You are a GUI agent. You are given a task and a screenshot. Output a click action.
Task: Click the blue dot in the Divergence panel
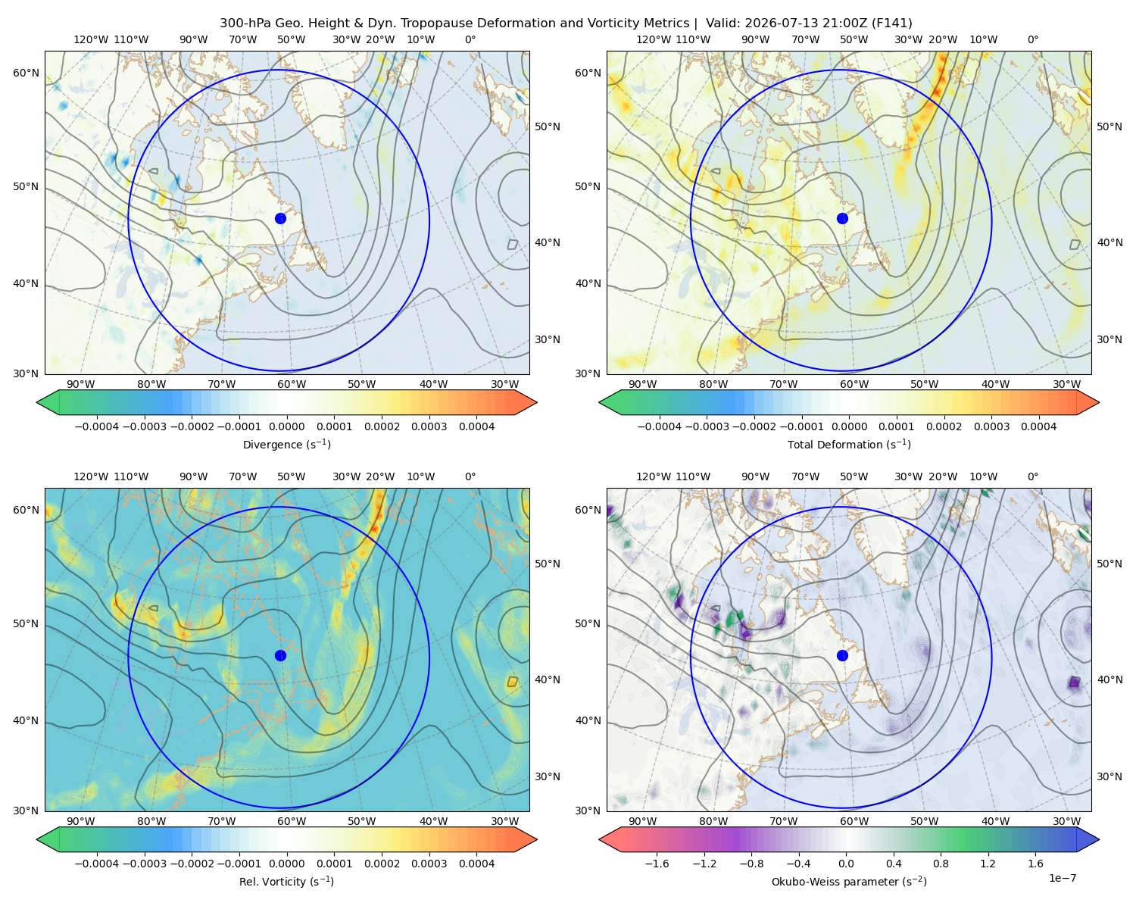click(280, 218)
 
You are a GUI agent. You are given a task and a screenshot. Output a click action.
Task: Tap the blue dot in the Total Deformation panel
click(842, 218)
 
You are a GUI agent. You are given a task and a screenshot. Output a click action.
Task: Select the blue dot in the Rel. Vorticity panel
click(280, 655)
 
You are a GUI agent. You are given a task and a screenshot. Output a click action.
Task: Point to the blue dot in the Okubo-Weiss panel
click(842, 655)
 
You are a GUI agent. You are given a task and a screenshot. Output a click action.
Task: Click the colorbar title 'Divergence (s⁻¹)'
click(286, 444)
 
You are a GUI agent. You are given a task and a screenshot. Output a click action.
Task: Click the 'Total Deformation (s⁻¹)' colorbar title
click(849, 444)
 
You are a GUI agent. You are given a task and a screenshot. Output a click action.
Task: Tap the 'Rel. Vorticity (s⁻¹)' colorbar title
click(286, 881)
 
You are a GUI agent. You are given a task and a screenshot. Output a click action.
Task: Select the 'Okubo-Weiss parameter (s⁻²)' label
click(849, 881)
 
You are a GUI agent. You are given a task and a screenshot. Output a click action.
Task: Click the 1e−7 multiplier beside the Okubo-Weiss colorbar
click(1062, 878)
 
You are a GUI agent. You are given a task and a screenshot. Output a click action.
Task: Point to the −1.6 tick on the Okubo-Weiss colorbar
click(657, 864)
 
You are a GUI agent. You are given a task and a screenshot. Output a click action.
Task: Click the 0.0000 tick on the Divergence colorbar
click(286, 426)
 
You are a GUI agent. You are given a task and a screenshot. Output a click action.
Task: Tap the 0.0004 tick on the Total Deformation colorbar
click(1038, 426)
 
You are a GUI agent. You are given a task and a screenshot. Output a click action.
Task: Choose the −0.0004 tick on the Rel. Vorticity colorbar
click(97, 864)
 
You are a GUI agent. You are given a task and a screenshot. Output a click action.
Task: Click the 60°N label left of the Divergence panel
click(26, 73)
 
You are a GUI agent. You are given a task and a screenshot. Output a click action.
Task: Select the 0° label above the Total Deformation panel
click(1032, 39)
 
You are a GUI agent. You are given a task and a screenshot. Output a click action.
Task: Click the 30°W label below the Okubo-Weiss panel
click(1066, 821)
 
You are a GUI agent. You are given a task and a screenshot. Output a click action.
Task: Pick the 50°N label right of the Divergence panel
click(548, 127)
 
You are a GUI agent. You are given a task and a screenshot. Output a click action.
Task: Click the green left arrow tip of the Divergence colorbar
click(37, 402)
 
